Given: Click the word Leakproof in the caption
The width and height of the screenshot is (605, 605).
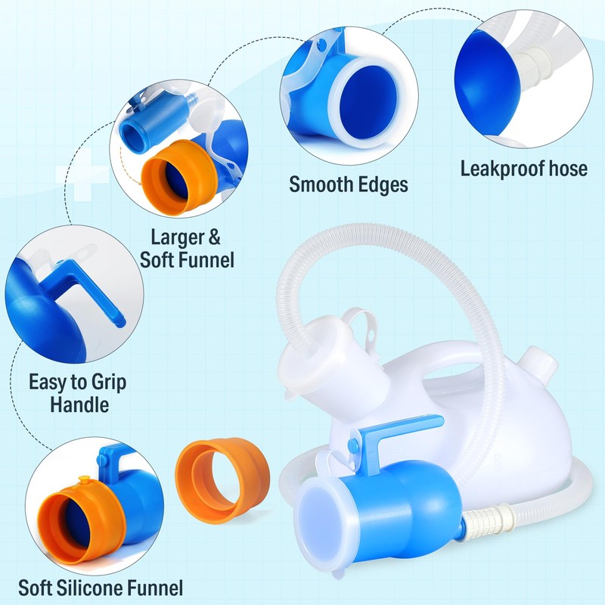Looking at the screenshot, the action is pos(497,168).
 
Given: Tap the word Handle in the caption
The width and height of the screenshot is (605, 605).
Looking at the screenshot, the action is pos(79,405).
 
